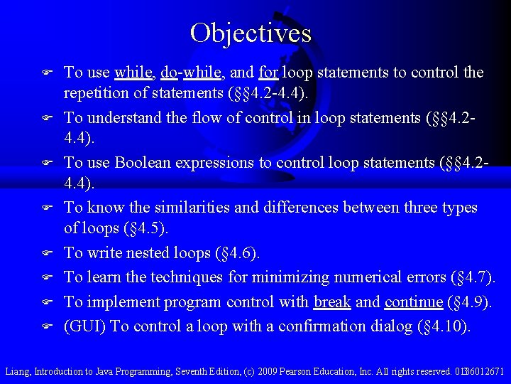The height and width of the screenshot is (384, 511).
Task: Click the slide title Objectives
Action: pos(251,33)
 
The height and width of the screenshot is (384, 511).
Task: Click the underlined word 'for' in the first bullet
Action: pos(268,73)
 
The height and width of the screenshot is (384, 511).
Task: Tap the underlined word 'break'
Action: pos(332,302)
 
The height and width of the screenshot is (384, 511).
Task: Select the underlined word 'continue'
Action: pos(413,302)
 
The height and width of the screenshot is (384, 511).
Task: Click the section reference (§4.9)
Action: pos(470,302)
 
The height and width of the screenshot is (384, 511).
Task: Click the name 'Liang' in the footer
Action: pos(17,371)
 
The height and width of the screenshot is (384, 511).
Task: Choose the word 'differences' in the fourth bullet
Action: pos(303,208)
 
